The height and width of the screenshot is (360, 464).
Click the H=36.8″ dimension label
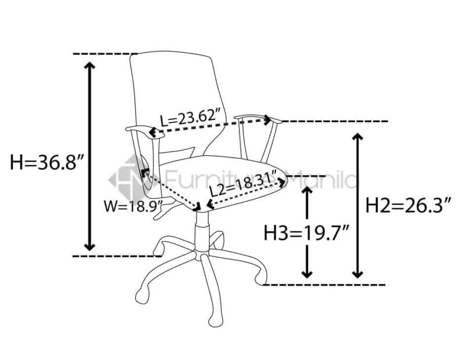coord(48,162)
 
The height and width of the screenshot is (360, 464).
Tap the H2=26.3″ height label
coord(409,206)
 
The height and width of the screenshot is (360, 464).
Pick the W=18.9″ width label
coord(133,206)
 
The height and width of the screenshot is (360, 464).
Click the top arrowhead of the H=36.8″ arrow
coord(89,66)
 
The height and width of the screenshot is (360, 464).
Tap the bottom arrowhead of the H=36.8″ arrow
coord(89,247)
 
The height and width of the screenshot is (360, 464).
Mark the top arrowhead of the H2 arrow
coord(358,137)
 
